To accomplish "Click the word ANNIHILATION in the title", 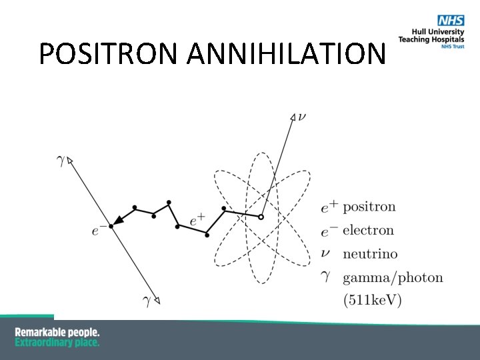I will coord(287,54).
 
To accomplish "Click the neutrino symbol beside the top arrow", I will coord(303,117).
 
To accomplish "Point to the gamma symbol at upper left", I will coord(61,161).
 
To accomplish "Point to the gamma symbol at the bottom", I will coord(147,301).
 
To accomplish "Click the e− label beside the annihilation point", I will coord(99,231).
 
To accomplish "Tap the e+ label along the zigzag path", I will coord(197,219).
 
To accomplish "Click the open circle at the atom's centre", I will coord(261,217).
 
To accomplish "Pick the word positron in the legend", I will coord(369,207).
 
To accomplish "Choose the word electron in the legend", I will coord(368,231).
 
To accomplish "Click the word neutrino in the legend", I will coord(370,254).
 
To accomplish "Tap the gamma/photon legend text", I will coord(393,277).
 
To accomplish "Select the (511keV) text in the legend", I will coord(372,301).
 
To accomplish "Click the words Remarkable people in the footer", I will coord(57,332).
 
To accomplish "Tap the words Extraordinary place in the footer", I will coord(57,342).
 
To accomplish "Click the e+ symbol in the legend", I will coord(329,207).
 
